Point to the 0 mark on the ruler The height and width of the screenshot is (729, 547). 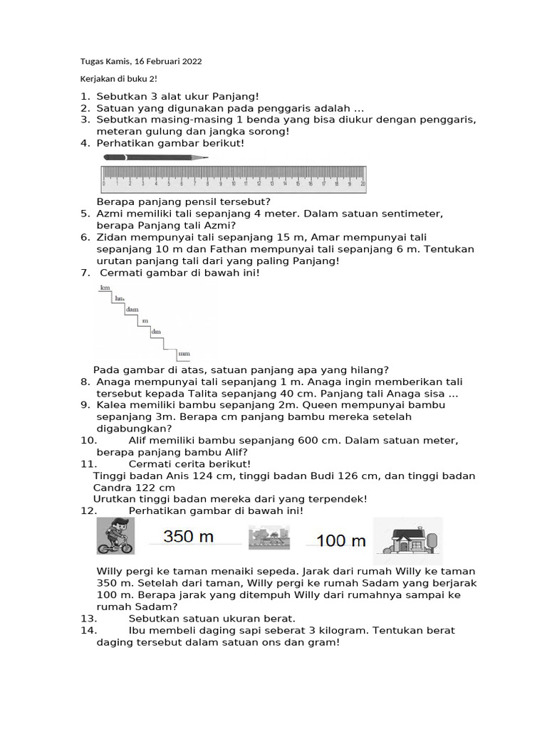tap(104, 183)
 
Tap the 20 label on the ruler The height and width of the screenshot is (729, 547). tap(363, 183)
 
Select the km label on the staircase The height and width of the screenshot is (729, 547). tap(105, 288)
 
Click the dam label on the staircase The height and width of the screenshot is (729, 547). tap(132, 310)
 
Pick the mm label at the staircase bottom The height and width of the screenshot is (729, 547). tap(184, 353)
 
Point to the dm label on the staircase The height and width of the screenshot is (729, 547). tap(156, 332)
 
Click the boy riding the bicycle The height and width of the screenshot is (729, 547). tap(115, 536)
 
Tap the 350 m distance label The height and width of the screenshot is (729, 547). tap(189, 537)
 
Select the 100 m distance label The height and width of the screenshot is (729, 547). tap(340, 540)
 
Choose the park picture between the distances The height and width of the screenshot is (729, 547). tap(269, 537)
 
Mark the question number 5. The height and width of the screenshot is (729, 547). tap(84, 214)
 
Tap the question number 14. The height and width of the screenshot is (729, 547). tap(88, 631)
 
